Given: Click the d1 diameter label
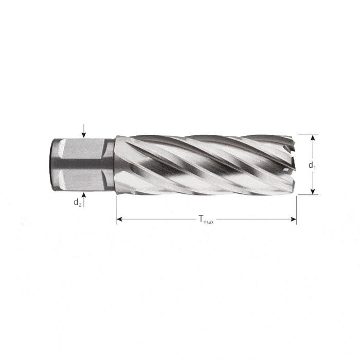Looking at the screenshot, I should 312,165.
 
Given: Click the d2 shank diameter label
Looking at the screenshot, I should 77,203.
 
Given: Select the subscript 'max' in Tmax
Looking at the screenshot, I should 209,222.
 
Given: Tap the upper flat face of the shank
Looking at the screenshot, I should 80,149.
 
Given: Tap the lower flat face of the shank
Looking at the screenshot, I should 80,179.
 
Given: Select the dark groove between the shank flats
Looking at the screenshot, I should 80,164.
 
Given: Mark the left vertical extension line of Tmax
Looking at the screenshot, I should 117,208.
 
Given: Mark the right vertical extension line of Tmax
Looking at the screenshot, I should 296,208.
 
